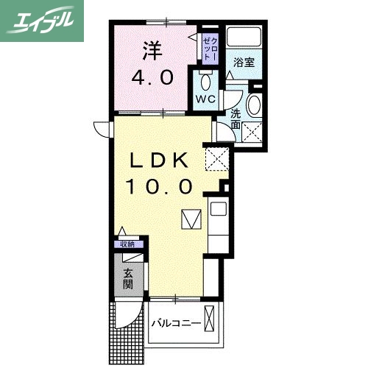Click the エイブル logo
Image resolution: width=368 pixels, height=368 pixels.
coord(41,20)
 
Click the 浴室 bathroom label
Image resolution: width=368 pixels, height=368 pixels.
coord(244,63)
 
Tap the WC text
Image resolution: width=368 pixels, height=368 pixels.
coord(205,98)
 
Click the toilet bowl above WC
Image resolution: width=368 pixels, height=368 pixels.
coord(205,80)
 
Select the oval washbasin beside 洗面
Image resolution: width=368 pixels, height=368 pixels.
coord(254,105)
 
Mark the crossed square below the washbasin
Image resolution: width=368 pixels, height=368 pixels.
coord(253,132)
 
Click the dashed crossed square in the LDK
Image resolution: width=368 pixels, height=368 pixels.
coord(217,157)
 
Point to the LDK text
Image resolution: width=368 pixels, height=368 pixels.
coord(160,160)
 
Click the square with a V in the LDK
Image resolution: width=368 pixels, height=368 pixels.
coord(191,219)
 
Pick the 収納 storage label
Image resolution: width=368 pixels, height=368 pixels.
coord(128,244)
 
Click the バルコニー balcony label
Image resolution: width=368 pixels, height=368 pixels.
coord(177,324)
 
